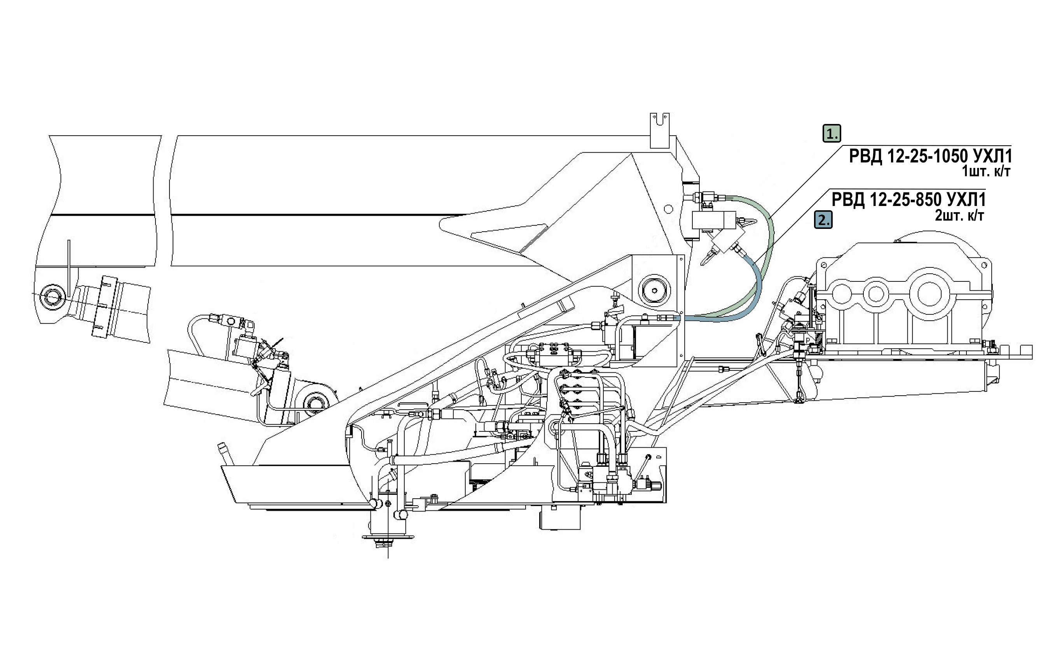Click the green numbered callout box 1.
832,133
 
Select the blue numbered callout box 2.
823,220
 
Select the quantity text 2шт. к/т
959,215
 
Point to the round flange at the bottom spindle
388,537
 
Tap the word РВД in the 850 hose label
848,200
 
